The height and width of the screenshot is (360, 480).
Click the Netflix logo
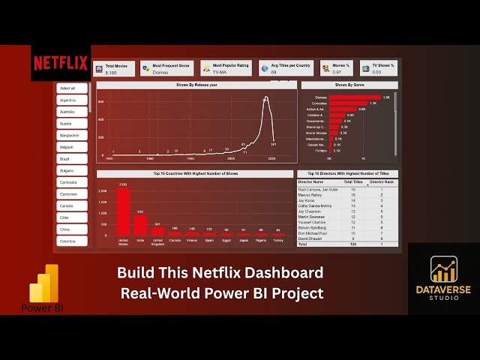(61, 63)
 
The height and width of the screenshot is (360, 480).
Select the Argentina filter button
(72, 100)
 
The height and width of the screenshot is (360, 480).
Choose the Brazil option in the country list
(72, 159)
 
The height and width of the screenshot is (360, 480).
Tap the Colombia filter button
(72, 241)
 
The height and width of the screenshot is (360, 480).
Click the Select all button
(72, 88)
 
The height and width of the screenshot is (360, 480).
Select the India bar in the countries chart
(140, 224)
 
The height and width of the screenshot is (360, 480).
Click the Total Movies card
(115, 69)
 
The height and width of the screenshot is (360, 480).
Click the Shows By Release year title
(196, 85)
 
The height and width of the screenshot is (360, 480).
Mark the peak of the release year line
(265, 97)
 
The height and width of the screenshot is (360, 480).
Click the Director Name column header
(310, 181)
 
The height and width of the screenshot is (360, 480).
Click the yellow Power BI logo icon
(43, 283)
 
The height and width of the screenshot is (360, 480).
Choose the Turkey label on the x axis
(278, 241)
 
